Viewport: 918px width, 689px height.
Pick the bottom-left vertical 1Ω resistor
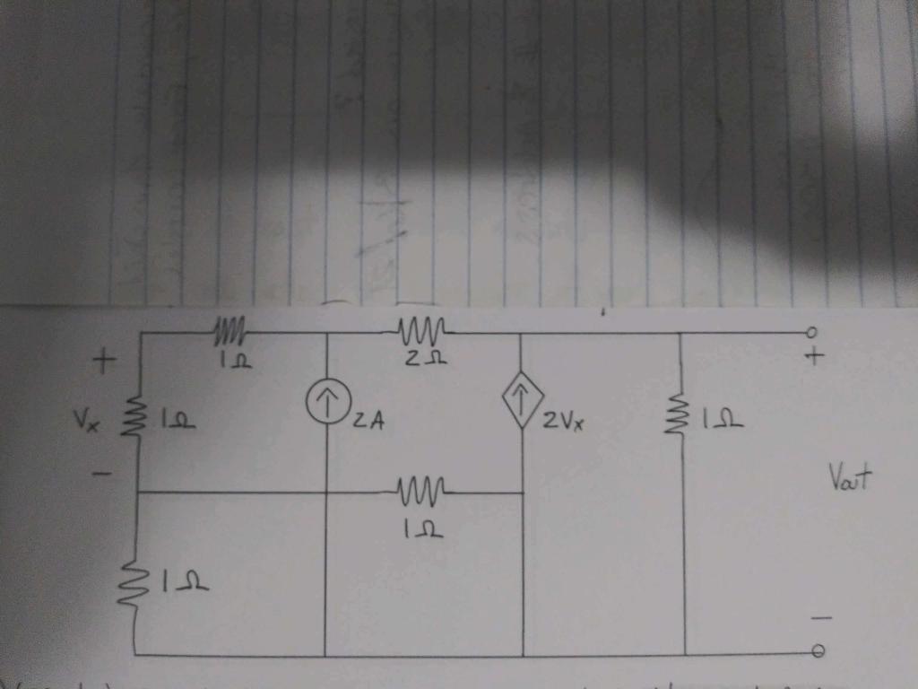tap(134, 585)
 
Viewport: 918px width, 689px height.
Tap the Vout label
tap(852, 482)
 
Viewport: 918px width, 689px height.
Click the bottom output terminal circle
tap(817, 652)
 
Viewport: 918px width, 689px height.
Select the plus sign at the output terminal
tap(814, 357)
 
